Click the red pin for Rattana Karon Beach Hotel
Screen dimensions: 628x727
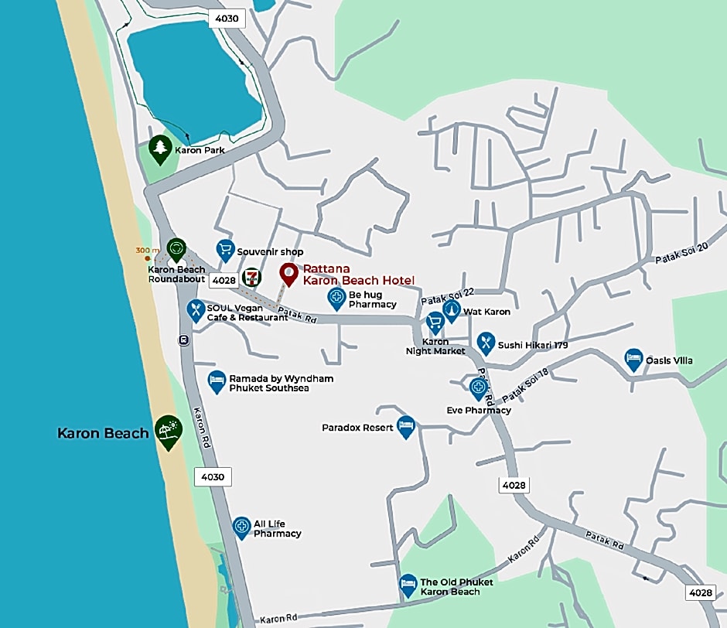pos(288,273)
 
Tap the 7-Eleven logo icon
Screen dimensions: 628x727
pos(251,277)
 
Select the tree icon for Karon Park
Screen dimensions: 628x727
pos(160,148)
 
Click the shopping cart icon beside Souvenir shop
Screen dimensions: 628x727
pos(225,249)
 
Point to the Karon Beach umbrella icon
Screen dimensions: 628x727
pos(168,429)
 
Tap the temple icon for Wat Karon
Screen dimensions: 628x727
pos(451,310)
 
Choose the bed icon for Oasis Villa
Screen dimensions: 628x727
pos(633,358)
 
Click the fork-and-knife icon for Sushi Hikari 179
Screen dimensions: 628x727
pos(485,342)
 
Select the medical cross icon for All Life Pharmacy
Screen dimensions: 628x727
pos(241,527)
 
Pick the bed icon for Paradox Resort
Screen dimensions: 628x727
pos(406,425)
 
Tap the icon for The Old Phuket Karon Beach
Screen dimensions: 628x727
pos(408,584)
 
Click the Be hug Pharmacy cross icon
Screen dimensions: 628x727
pos(336,297)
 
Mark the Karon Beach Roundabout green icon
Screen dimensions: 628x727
pos(176,248)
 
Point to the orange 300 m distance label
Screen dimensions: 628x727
pos(148,251)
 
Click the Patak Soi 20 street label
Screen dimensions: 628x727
pos(681,256)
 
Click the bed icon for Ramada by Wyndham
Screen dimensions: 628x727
pos(217,381)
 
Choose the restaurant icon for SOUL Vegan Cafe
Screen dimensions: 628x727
pos(196,309)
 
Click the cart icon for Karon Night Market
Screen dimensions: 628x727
pos(434,323)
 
